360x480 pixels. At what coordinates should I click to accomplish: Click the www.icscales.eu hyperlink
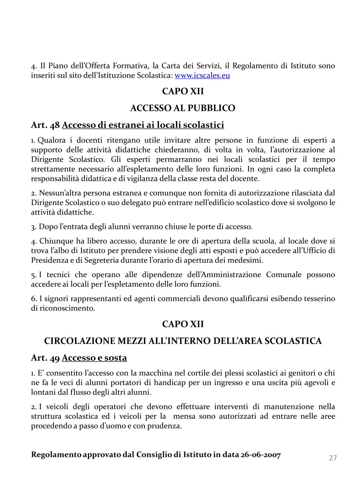pos(202,76)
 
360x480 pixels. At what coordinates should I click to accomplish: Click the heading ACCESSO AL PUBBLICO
pos(183,108)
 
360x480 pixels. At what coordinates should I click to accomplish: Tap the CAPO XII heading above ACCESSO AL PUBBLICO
pos(183,91)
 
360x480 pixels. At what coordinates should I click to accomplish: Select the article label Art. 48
pos(46,125)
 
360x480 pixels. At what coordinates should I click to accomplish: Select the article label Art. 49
pos(46,358)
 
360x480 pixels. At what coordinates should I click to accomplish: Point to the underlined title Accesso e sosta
pos(94,358)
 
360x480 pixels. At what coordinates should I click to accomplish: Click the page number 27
pos(333,458)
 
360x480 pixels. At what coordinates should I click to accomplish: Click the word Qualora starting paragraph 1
pos(52,140)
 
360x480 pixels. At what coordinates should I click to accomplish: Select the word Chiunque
pos(53,241)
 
